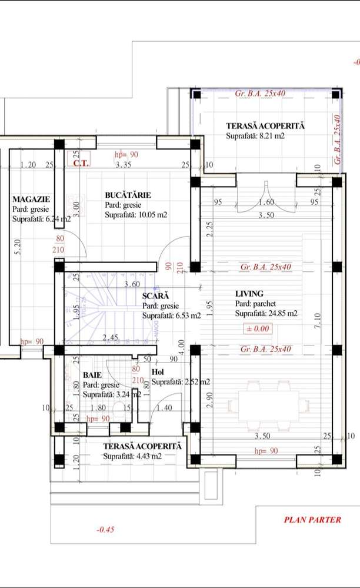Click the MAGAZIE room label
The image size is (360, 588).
pyautogui.click(x=31, y=199)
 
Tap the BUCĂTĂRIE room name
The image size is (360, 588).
pyautogui.click(x=128, y=195)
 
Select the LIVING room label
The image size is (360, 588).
pyautogui.click(x=249, y=293)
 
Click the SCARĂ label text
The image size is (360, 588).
pyautogui.click(x=155, y=296)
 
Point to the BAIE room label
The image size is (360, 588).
pyautogui.click(x=92, y=374)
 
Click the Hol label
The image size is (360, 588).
pyautogui.click(x=158, y=372)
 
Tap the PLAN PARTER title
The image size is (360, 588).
pyautogui.click(x=312, y=520)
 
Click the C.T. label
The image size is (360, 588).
pyautogui.click(x=81, y=163)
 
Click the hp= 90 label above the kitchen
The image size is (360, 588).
pyautogui.click(x=126, y=154)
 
